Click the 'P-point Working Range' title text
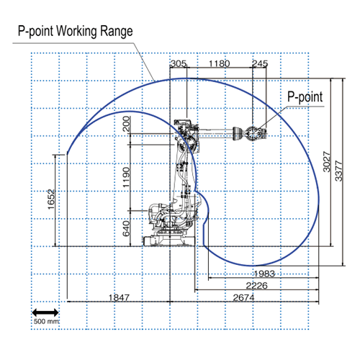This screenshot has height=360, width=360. click(76, 31)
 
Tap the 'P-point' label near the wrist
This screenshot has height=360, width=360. click(305, 97)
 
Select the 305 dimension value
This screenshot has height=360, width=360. click(179, 63)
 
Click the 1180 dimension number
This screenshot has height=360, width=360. click(220, 63)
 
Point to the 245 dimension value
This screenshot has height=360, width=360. click(260, 63)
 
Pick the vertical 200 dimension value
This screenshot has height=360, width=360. click(127, 124)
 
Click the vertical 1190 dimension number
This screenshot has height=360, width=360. click(127, 177)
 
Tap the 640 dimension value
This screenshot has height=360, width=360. click(127, 229)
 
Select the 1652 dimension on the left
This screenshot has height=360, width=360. click(51, 199)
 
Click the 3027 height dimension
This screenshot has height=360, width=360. click(327, 162)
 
